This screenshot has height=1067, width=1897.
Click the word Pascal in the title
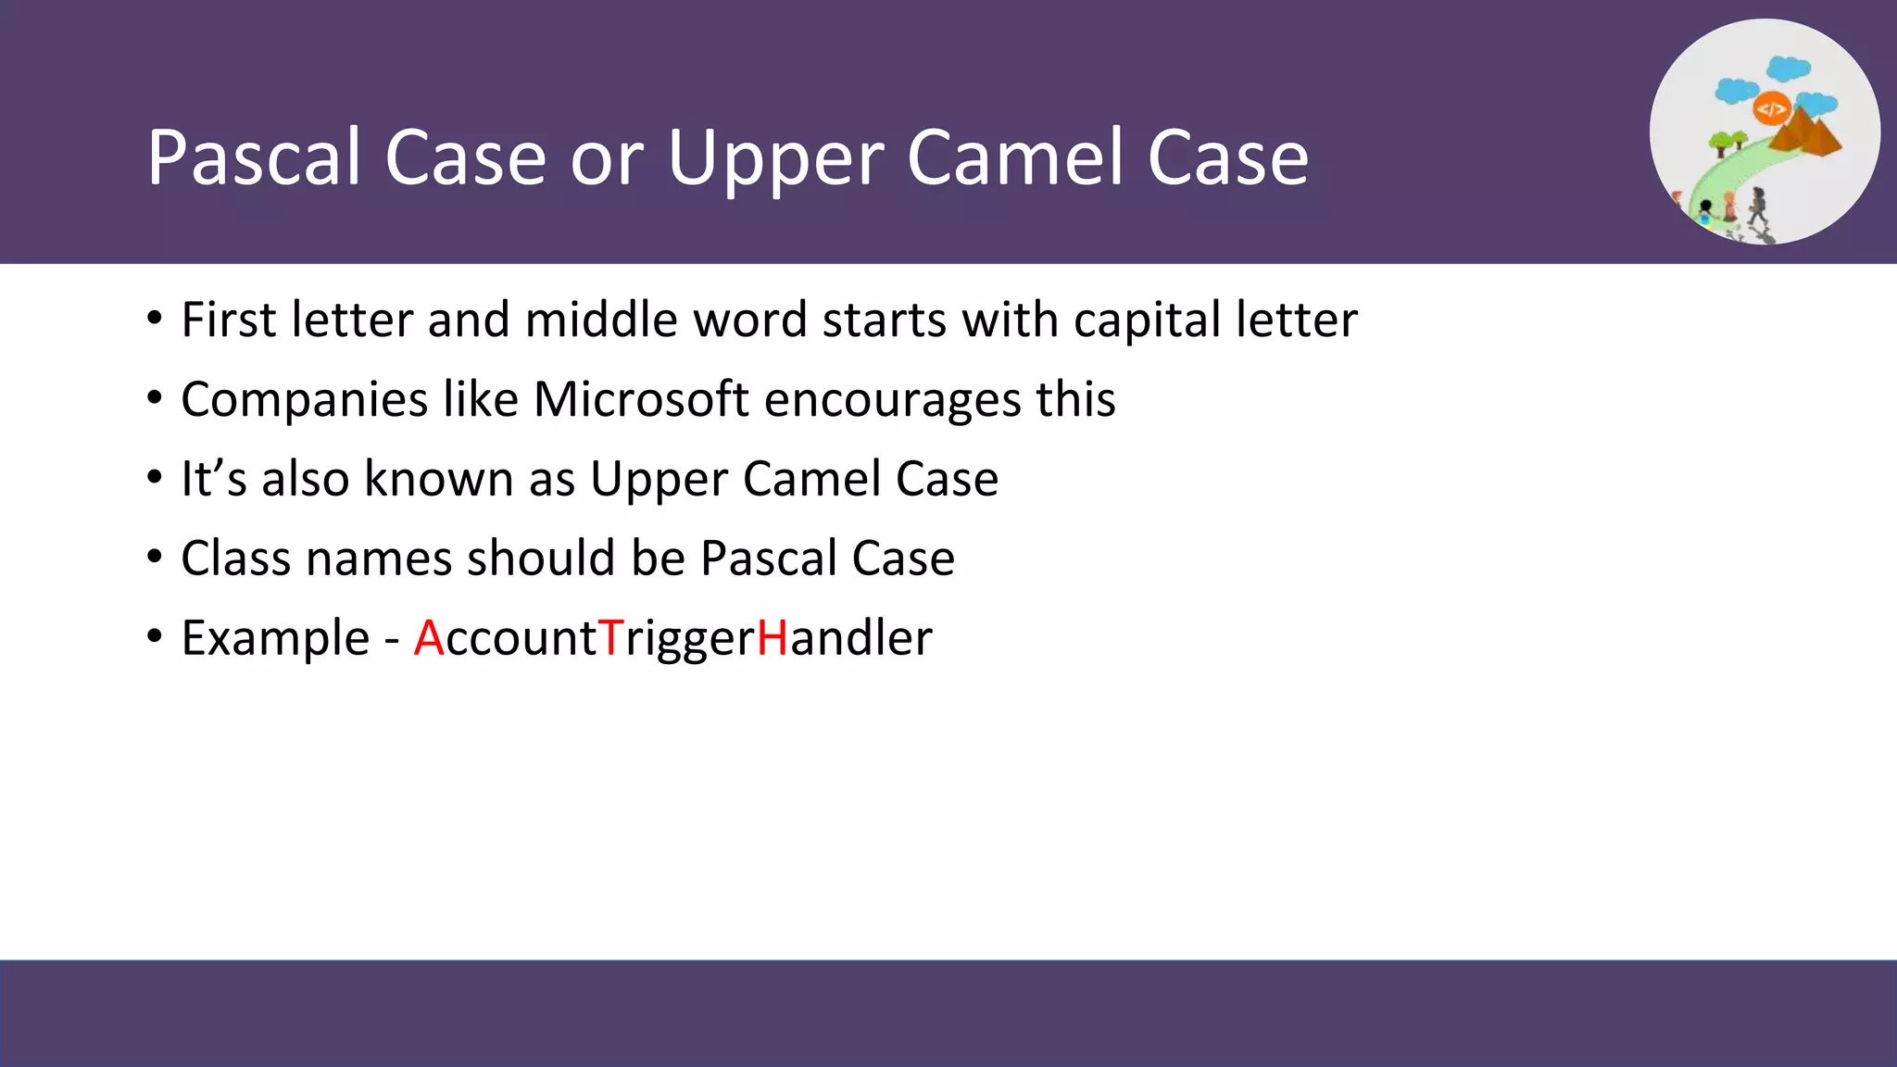click(254, 157)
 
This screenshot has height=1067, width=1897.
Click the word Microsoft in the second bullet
click(641, 400)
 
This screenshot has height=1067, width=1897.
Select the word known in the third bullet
click(438, 479)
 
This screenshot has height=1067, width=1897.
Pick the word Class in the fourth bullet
click(236, 559)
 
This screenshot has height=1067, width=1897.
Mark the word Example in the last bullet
click(275, 639)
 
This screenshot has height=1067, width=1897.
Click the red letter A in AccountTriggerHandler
click(429, 638)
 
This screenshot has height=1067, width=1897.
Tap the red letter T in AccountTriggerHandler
click(610, 638)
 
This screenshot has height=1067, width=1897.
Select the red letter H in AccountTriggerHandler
click(773, 638)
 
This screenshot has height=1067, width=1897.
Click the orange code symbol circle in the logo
click(1771, 109)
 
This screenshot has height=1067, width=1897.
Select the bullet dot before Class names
click(155, 558)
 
